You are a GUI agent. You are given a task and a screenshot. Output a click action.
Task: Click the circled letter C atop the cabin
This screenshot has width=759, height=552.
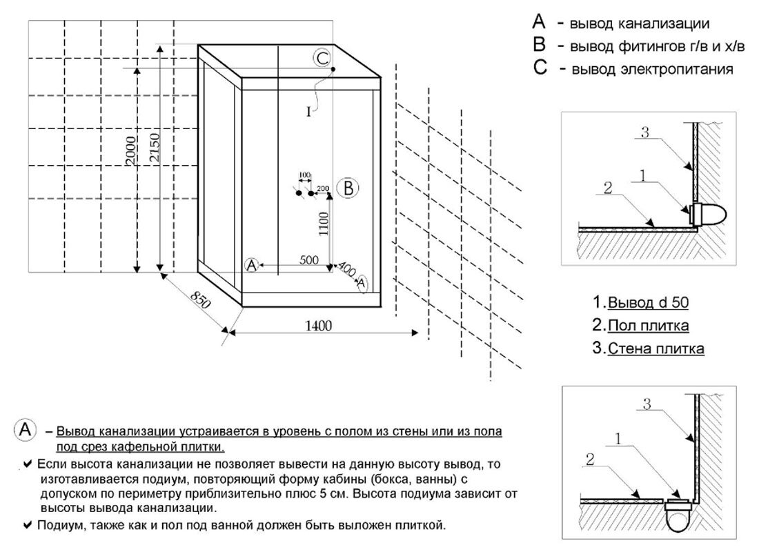[x=322, y=58]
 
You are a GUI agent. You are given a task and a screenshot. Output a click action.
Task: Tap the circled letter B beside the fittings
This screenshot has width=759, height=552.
[x=348, y=187]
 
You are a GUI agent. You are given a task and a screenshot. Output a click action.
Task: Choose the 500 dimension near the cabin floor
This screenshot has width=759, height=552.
[x=308, y=259]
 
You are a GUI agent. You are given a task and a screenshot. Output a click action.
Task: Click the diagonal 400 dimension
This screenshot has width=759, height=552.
[x=347, y=270]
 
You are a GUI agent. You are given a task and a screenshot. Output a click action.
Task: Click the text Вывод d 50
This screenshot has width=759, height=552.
[x=648, y=302]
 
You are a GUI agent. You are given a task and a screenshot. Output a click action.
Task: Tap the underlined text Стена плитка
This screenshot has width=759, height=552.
[x=655, y=349]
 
